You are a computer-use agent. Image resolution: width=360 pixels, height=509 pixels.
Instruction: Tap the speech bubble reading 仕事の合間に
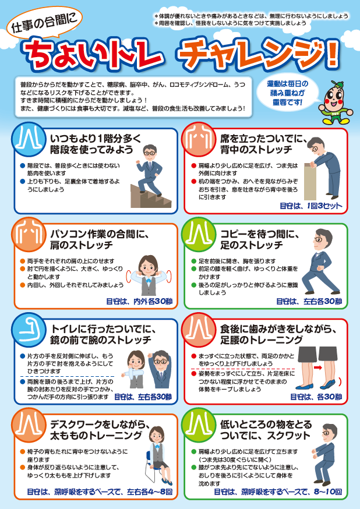(44, 24)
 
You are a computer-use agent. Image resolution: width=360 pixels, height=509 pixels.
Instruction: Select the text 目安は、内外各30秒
(139, 301)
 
